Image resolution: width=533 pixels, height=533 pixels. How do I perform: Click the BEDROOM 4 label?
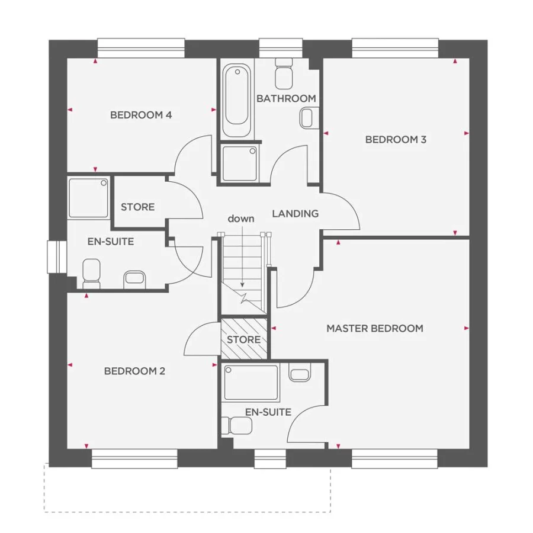(x=141, y=115)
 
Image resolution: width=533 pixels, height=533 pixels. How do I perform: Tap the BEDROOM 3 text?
(x=396, y=140)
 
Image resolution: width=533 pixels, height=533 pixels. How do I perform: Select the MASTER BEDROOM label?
(x=375, y=328)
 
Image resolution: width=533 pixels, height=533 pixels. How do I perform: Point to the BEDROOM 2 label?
(x=134, y=371)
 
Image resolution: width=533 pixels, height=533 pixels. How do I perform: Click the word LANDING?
(x=295, y=214)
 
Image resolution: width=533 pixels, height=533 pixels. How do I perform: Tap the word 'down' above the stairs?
(x=242, y=219)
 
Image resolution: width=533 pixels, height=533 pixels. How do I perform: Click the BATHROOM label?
(x=286, y=98)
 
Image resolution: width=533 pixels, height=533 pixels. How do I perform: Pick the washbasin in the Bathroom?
(x=308, y=118)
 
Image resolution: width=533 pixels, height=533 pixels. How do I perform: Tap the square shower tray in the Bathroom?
(x=239, y=163)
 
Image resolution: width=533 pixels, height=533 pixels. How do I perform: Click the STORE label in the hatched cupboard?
(x=244, y=339)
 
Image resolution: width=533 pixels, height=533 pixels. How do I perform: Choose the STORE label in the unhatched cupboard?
(x=138, y=207)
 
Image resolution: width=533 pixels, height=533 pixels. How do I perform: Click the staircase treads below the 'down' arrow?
(x=242, y=261)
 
